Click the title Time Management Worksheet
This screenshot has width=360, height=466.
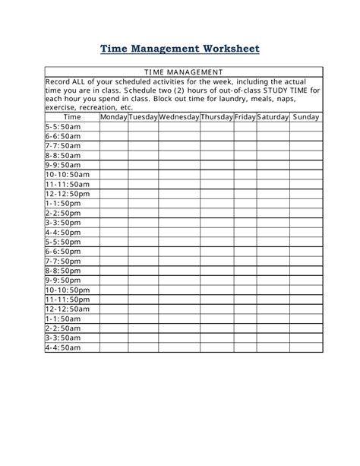tap(180, 49)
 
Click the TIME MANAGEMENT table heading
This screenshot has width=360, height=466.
tap(185, 72)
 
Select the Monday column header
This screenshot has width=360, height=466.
tap(113, 117)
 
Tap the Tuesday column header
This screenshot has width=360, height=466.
tap(143, 117)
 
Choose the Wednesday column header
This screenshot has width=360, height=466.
tap(179, 117)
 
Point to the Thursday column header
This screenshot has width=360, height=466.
tap(217, 117)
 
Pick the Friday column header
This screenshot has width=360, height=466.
tap(245, 117)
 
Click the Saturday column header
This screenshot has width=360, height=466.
tap(273, 117)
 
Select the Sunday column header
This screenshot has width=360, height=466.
tap(306, 117)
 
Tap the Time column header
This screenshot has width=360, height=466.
tap(72, 117)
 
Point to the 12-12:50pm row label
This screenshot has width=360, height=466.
tap(68, 194)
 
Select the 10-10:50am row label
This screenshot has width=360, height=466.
tap(68, 174)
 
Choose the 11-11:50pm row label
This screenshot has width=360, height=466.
tap(68, 300)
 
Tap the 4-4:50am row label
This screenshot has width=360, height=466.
tap(62, 347)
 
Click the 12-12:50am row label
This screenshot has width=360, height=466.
tap(68, 309)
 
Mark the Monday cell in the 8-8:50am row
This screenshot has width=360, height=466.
tap(113, 155)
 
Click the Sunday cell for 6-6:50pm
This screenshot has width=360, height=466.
tap(306, 251)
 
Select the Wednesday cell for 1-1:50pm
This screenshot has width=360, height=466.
tap(179, 204)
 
